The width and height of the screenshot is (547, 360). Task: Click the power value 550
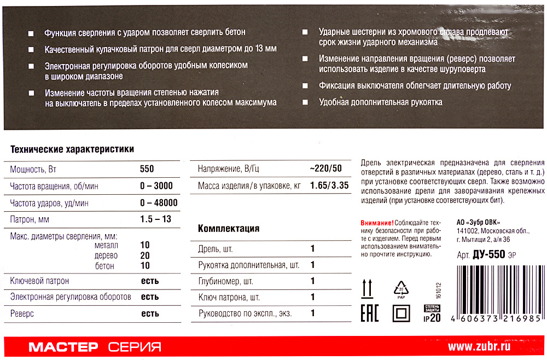pyautogui.click(x=147, y=169)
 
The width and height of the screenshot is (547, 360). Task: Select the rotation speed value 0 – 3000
pyautogui.click(x=156, y=186)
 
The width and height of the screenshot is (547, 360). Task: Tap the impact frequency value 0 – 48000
pyautogui.click(x=159, y=203)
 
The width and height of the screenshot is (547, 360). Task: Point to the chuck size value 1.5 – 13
pyautogui.click(x=155, y=220)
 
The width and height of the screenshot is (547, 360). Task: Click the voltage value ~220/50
pyautogui.click(x=326, y=169)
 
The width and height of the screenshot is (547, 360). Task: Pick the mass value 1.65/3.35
pyautogui.click(x=329, y=186)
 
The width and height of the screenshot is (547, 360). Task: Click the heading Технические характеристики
pyautogui.click(x=72, y=149)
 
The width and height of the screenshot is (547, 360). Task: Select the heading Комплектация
pyautogui.click(x=228, y=228)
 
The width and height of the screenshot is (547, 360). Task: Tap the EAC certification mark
pyautogui.click(x=368, y=314)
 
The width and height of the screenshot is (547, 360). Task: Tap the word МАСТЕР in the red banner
pyautogui.click(x=63, y=347)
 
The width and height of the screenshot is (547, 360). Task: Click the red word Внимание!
pyautogui.click(x=377, y=223)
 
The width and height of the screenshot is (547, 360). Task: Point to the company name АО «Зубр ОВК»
pyautogui.click(x=482, y=223)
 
